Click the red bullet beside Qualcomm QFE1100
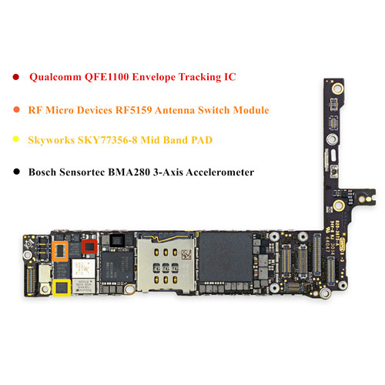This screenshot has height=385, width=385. [16, 77]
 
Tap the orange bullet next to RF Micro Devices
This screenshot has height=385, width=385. [16, 109]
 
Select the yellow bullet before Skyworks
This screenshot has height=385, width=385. [16, 139]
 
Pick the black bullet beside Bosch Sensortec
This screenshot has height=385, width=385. [16, 172]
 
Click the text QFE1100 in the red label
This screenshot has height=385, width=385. [106, 77]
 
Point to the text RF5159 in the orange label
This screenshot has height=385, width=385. [133, 110]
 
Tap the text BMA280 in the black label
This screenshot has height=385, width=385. [129, 172]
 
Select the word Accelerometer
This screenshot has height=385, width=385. [220, 172]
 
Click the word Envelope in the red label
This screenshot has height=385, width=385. [154, 77]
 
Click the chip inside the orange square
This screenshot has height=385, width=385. [60, 251]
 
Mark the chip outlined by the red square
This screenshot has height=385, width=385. [89, 246]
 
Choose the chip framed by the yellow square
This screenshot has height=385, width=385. [62, 287]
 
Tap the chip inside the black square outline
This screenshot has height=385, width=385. [117, 240]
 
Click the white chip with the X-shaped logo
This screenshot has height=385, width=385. [83, 269]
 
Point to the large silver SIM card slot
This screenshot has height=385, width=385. [166, 263]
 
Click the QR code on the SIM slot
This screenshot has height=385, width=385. [186, 254]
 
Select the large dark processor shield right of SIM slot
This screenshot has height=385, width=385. [226, 256]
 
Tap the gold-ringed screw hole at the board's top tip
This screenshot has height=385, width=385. [337, 89]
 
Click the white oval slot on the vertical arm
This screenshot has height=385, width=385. [333, 156]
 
